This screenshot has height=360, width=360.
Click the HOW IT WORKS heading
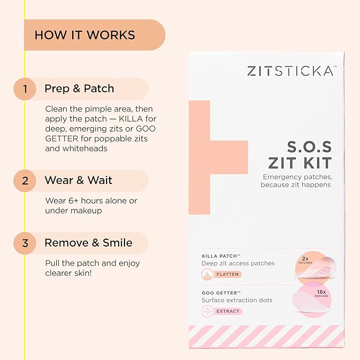click(x=85, y=36)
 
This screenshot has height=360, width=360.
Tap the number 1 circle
click(x=24, y=89)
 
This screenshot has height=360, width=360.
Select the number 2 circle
click(x=24, y=180)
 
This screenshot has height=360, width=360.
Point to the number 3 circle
click(x=24, y=243)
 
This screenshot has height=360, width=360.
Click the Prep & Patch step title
click(x=79, y=89)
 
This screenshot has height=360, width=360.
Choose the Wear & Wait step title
click(x=78, y=180)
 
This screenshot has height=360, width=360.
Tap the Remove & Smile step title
click(x=89, y=243)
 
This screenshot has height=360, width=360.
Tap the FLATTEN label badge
click(x=226, y=274)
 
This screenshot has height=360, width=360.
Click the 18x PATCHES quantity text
click(x=321, y=294)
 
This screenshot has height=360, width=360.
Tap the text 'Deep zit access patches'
click(x=238, y=264)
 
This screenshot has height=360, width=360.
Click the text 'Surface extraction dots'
click(x=237, y=300)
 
